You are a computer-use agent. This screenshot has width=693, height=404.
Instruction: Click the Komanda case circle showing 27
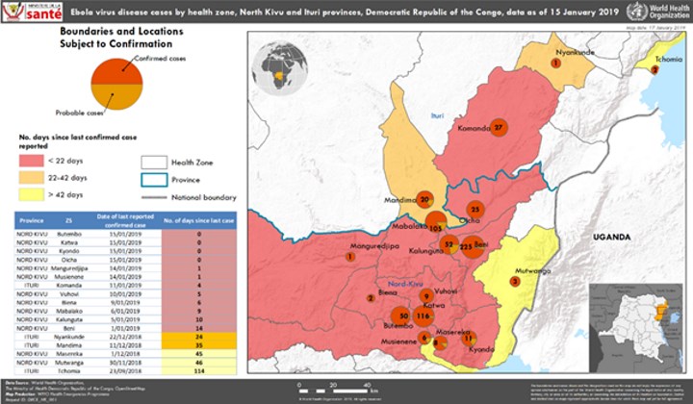[498, 128]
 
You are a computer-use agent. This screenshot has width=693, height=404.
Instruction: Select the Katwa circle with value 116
[423, 315]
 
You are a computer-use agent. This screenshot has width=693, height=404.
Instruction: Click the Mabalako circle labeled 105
[435, 224]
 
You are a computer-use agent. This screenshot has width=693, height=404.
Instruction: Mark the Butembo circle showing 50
[403, 316]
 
